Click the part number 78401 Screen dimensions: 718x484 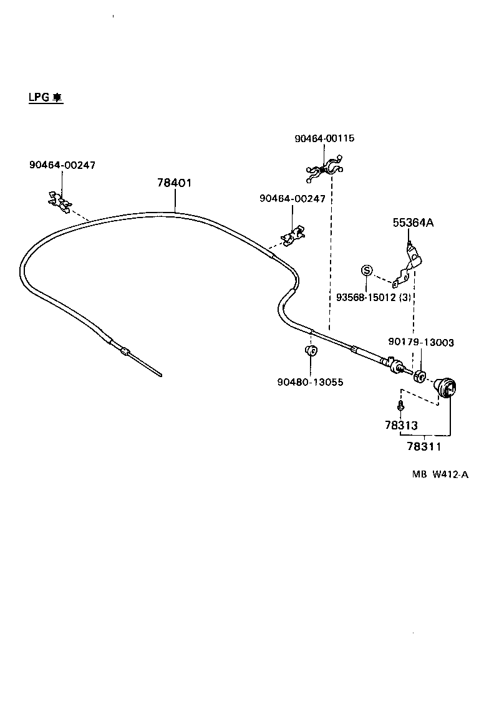pyautogui.click(x=174, y=183)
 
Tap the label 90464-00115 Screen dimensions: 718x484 pyautogui.click(x=324, y=138)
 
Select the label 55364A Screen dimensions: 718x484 pyautogui.click(x=412, y=223)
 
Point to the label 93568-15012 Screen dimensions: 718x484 pyautogui.click(x=365, y=297)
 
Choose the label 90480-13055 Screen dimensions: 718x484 pyautogui.click(x=310, y=381)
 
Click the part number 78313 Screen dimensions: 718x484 pyautogui.click(x=404, y=424)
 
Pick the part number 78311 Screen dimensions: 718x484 pyautogui.click(x=423, y=446)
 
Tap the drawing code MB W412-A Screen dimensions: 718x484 pyautogui.click(x=439, y=474)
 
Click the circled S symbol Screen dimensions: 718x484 pyautogui.click(x=367, y=270)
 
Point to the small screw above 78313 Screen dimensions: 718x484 pyautogui.click(x=400, y=406)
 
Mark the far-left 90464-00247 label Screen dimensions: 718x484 pyautogui.click(x=62, y=165)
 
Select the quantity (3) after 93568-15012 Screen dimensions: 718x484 pyautogui.click(x=405, y=297)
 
